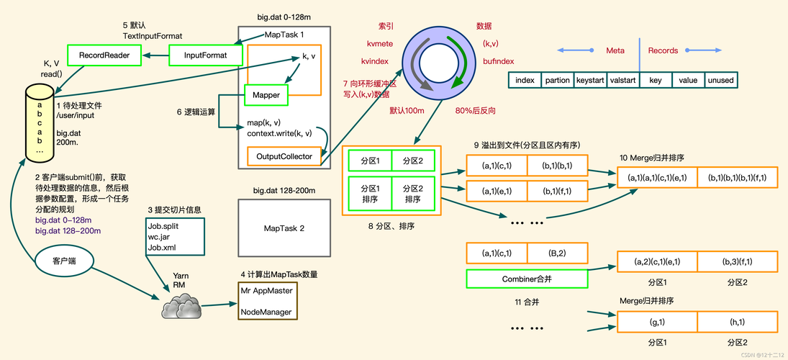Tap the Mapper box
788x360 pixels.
click(266, 94)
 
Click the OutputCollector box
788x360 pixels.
click(284, 156)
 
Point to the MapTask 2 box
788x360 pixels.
click(284, 228)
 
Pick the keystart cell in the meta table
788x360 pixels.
click(591, 81)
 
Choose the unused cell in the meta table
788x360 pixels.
click(720, 81)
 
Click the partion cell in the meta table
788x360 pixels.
click(557, 81)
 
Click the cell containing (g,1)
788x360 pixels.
click(657, 322)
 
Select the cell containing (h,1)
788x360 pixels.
click(738, 322)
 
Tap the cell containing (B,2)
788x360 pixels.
click(557, 253)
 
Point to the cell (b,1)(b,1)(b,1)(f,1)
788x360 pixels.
click(738, 178)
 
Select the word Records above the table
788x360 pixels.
click(663, 50)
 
